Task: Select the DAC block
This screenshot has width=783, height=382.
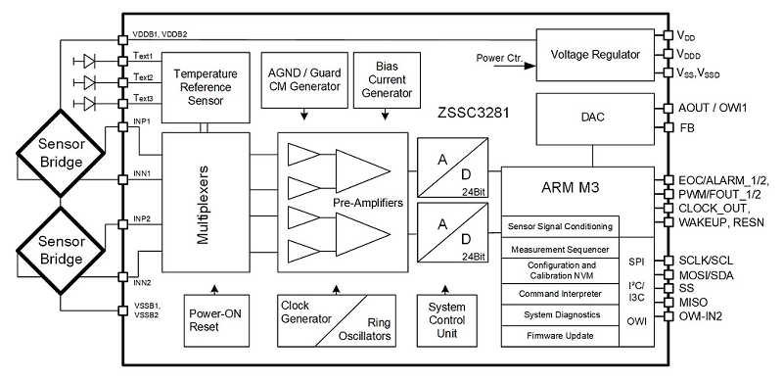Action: tap(594, 117)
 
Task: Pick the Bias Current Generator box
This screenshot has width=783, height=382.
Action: tap(381, 78)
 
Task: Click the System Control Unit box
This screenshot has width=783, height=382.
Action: tap(448, 320)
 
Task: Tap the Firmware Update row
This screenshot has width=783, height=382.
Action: tap(560, 336)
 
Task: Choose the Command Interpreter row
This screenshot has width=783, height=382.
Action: tap(560, 294)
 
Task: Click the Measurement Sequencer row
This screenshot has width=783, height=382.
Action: tap(560, 249)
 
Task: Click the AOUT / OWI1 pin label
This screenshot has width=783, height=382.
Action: tap(711, 109)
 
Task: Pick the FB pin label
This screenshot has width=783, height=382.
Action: tap(686, 128)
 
